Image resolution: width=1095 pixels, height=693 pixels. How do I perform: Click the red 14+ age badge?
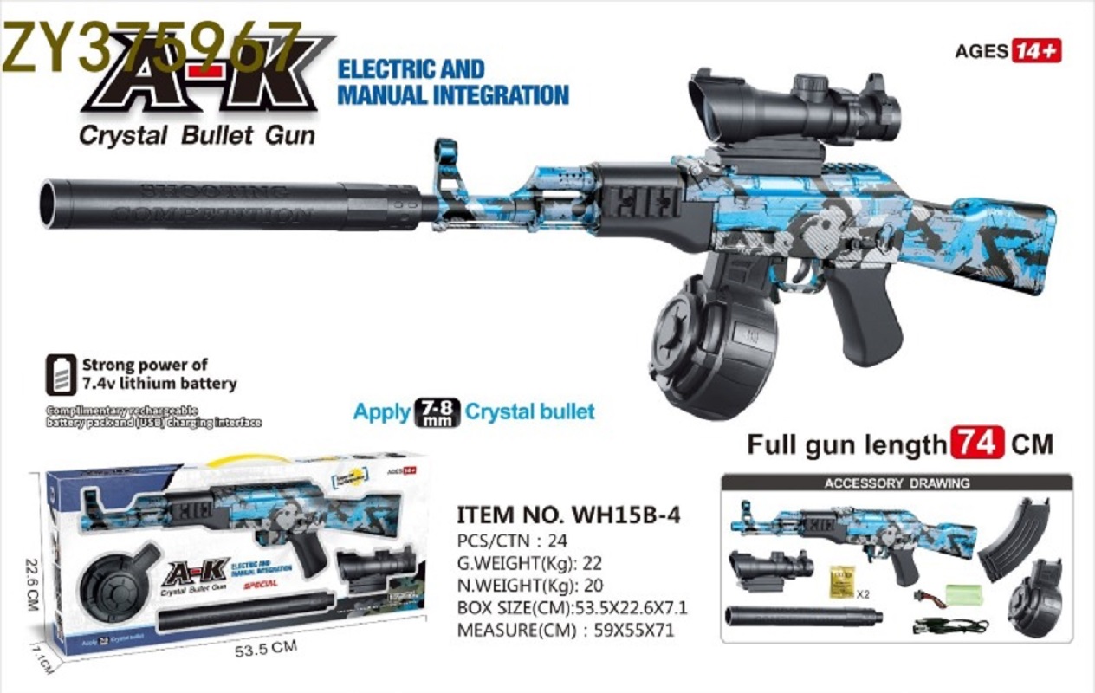click(1036, 50)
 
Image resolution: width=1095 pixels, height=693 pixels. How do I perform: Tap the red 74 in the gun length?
click(978, 444)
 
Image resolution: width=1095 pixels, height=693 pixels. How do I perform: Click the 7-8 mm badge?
click(438, 411)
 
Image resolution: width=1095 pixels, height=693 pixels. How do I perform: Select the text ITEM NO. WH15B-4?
click(568, 514)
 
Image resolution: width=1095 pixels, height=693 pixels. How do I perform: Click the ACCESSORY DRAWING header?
click(897, 483)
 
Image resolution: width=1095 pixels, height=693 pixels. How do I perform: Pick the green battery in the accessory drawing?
click(963, 595)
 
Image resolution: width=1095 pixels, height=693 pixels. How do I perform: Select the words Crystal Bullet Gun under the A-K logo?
click(198, 136)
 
